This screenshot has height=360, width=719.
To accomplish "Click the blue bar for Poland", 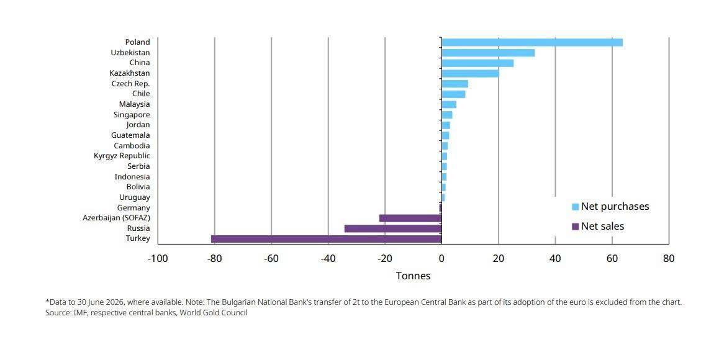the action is (x=532, y=42).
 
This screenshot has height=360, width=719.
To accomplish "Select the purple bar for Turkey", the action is (x=326, y=238).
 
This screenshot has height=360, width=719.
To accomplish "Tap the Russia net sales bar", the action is (x=393, y=228).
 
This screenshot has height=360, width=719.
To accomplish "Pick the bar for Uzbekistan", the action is (x=488, y=53).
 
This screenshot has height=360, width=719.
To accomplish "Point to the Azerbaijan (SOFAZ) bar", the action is (x=410, y=218).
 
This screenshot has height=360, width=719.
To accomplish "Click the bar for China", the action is (x=477, y=63).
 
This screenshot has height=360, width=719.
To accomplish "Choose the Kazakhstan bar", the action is (x=470, y=73).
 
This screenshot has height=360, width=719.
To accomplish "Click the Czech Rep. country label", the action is (x=130, y=83).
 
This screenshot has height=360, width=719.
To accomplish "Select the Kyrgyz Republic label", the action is (x=122, y=156).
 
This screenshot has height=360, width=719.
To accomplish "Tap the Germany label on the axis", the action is (x=133, y=208).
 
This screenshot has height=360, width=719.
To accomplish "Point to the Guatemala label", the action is (x=130, y=135).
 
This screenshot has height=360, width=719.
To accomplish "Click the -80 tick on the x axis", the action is (x=214, y=259).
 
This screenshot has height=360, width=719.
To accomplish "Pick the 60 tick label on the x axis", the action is (x=612, y=259).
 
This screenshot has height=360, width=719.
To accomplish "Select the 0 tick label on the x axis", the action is (x=441, y=259).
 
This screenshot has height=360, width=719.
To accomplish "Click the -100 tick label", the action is (x=158, y=259).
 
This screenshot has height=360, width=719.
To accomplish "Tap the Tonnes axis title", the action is (x=413, y=276).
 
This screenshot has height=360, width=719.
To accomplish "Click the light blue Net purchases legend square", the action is (x=576, y=207).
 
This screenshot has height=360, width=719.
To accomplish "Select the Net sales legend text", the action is (x=602, y=226).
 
